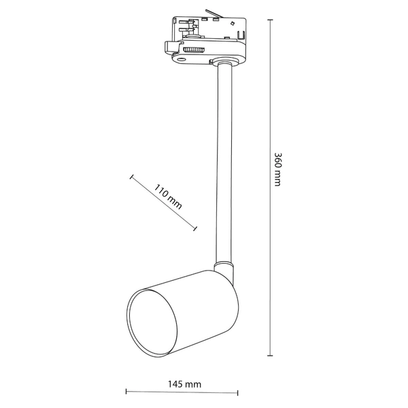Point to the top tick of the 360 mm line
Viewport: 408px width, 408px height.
271,21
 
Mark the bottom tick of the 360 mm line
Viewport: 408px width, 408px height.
271,354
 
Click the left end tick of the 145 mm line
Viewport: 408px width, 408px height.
126,392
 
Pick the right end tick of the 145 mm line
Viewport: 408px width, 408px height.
238,392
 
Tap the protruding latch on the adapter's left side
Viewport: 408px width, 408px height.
170,48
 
